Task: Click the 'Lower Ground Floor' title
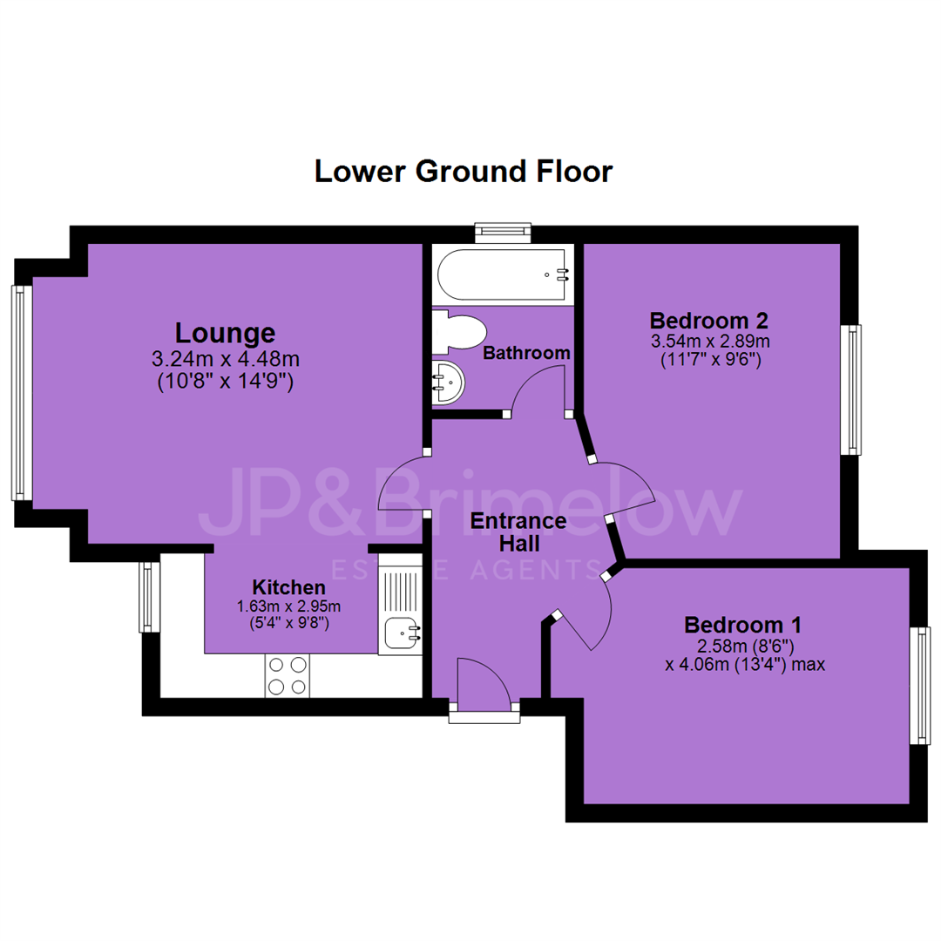[464, 172]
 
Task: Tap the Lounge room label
[225, 334]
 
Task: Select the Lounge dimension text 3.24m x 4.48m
[226, 359]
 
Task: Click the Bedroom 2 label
[708, 321]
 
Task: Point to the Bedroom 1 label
[743, 626]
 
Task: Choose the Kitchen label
[288, 587]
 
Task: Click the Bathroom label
[526, 353]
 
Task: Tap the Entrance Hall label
[518, 532]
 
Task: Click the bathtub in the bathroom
[502, 274]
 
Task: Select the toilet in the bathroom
[459, 333]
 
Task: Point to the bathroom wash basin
[447, 383]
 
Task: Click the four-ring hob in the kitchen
[288, 676]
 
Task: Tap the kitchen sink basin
[400, 633]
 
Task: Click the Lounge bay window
[22, 392]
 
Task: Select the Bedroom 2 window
[851, 389]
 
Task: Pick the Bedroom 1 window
[920, 686]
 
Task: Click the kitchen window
[150, 597]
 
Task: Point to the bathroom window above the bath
[503, 233]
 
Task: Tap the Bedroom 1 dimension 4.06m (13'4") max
[745, 665]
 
